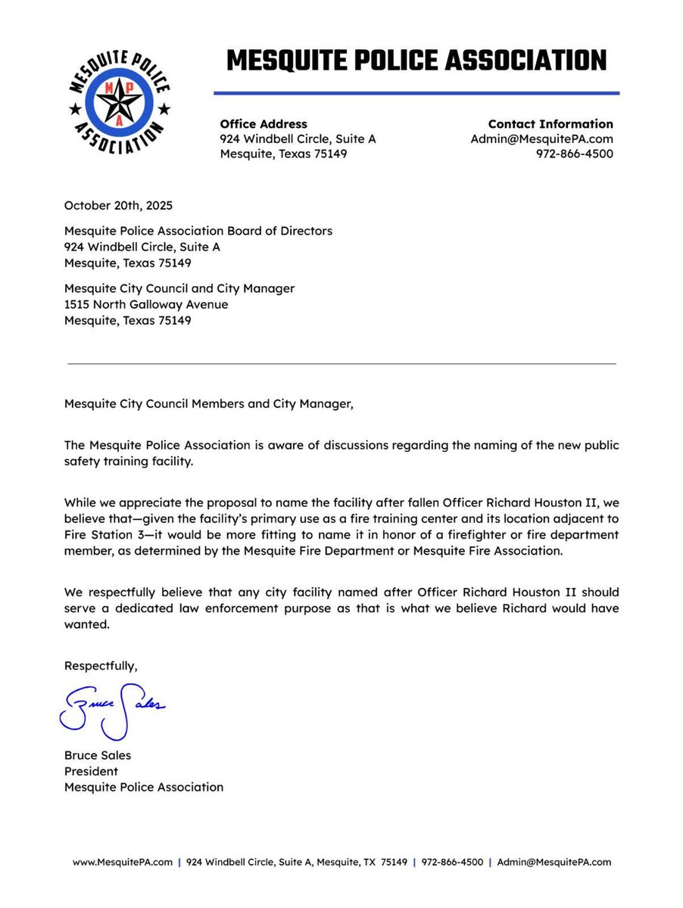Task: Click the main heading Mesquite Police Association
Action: [416, 60]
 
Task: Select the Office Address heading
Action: [264, 124]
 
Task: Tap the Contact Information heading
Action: [550, 124]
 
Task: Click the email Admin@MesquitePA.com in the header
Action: [541, 139]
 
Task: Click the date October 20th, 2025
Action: [118, 205]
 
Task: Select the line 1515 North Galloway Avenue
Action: [146, 305]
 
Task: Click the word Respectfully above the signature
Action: [101, 666]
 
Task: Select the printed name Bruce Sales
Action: [98, 755]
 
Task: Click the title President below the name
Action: [91, 771]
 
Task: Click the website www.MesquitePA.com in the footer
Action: [123, 862]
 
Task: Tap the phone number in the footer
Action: [452, 862]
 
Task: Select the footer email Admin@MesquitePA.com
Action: [554, 862]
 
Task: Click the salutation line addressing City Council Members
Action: [208, 404]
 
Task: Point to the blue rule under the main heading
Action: [416, 93]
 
